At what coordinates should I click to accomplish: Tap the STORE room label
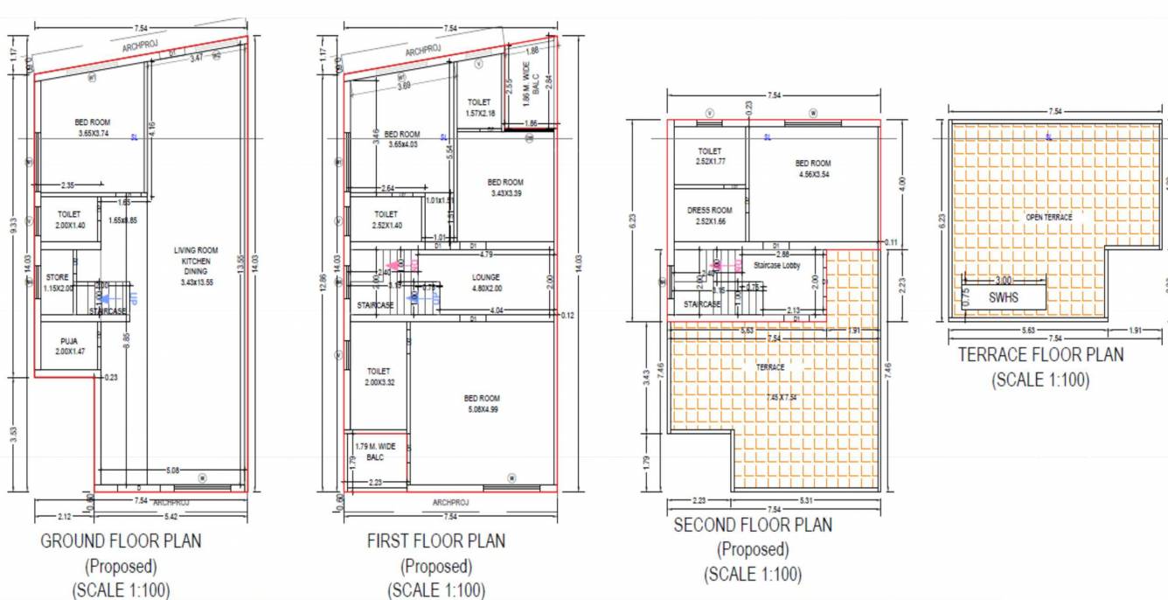pos(58,283)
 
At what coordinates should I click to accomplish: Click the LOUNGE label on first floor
pos(484,282)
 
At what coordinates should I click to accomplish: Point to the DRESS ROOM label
pos(710,215)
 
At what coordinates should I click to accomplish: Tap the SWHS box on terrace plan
pos(1004,297)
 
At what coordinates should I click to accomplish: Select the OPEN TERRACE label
pos(1048,217)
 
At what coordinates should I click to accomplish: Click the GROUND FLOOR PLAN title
pos(121,541)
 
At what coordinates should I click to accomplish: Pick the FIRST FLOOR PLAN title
pos(435,541)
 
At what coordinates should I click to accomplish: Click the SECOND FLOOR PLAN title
pos(753,525)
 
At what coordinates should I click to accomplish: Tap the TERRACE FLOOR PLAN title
pos(1040,355)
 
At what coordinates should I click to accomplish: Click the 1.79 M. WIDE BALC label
pos(375,451)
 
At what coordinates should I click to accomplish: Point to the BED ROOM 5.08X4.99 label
pos(482,403)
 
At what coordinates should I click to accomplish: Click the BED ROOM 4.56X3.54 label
pos(813,168)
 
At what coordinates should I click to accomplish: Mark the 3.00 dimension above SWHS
pos(1003,280)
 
